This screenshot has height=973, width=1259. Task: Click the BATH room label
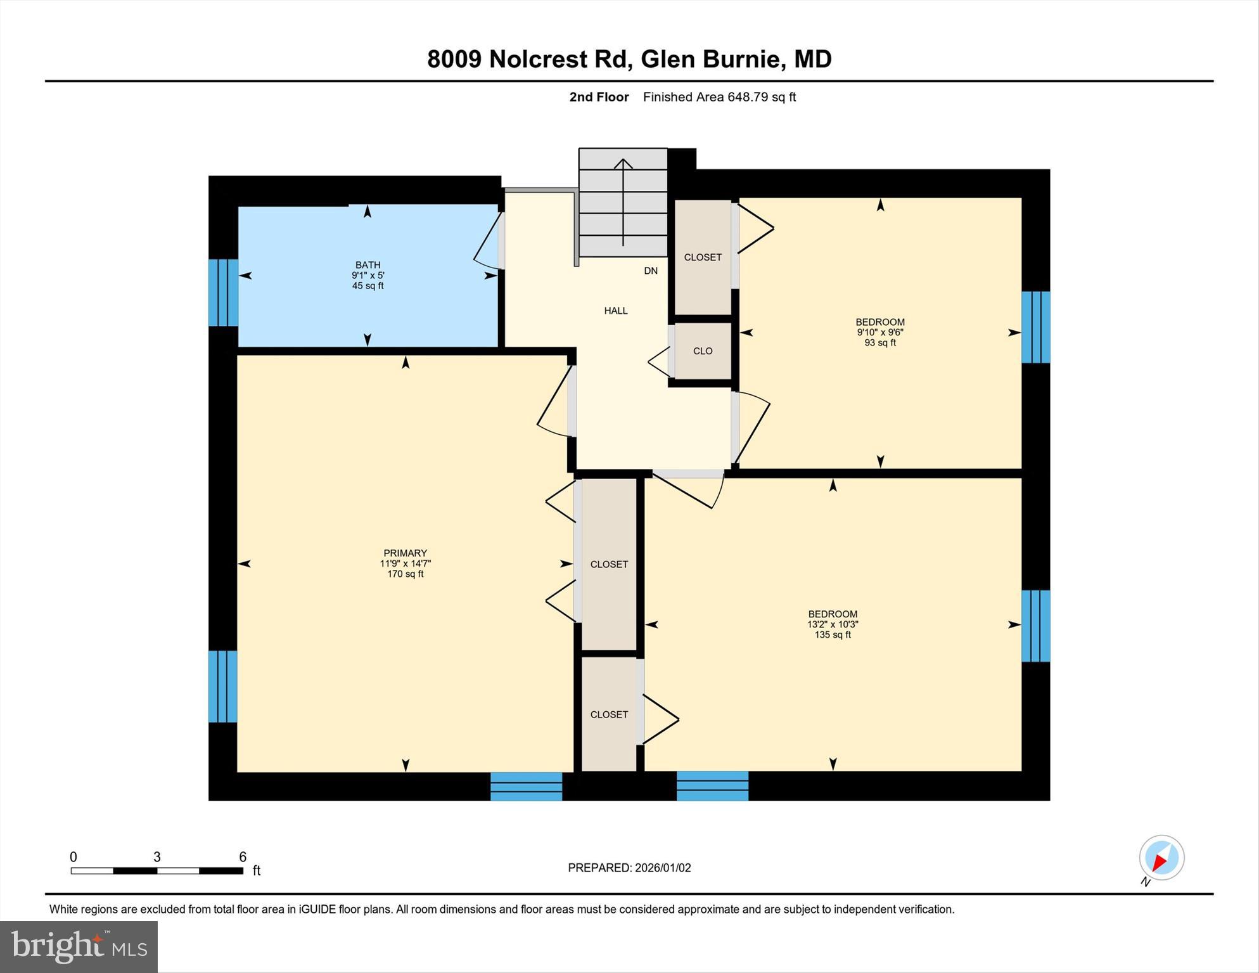367,265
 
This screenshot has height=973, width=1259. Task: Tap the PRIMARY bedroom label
405,553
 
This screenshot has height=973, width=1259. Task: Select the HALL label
615,311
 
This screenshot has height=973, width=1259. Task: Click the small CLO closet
703,351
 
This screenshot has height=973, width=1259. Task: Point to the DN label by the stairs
651,271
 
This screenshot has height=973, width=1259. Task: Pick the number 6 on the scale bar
243,857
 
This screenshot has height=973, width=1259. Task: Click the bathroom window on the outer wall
223,292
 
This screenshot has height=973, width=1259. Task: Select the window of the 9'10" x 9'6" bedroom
1035,327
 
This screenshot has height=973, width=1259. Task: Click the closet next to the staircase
703,257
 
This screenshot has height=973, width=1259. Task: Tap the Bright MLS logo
79,946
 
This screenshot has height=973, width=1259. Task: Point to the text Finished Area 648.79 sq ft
719,97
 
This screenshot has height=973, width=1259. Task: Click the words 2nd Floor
599,97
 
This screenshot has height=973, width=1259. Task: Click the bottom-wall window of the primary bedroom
526,786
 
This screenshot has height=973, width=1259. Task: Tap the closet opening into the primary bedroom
609,564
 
